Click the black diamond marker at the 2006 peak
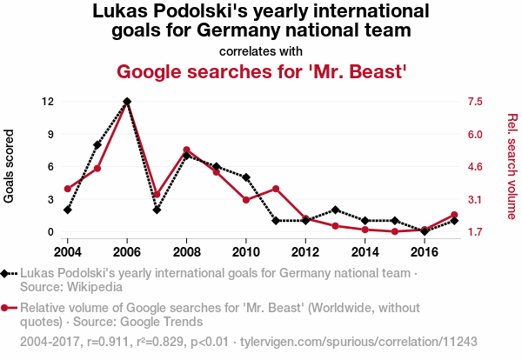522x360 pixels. [x=127, y=102]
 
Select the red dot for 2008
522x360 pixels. [x=186, y=150]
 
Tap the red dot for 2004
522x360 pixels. [x=68, y=189]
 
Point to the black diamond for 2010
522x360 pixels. [x=246, y=177]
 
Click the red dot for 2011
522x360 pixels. [x=276, y=189]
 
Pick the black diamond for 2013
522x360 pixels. [x=336, y=210]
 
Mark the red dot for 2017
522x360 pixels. [x=454, y=215]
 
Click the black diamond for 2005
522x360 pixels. [x=97, y=144]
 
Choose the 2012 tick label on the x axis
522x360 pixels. [x=305, y=252]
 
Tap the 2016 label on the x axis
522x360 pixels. [x=425, y=252]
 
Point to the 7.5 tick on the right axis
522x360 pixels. [x=474, y=102]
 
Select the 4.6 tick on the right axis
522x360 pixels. [x=474, y=167]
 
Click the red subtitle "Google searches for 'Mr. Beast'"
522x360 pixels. [x=261, y=70]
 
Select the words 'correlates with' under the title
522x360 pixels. [x=261, y=50]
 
